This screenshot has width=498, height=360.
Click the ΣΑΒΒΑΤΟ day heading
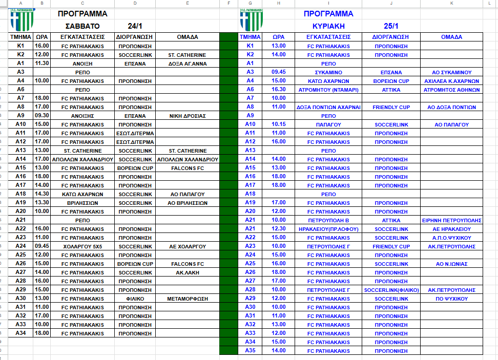point(82,26)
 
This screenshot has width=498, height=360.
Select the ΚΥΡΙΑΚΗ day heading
point(328,26)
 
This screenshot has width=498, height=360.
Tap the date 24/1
point(135,26)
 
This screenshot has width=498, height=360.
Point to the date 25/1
point(391,26)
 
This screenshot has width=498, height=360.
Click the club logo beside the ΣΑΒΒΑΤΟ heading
point(22,19)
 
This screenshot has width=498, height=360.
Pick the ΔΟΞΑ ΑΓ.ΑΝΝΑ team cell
point(187,63)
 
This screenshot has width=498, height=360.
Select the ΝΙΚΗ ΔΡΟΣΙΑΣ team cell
point(187,116)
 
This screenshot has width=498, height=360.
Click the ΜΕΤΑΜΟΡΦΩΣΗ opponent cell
point(187,299)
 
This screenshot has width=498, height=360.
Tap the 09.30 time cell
point(42,116)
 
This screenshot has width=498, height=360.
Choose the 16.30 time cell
point(278,90)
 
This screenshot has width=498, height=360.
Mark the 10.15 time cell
point(278,124)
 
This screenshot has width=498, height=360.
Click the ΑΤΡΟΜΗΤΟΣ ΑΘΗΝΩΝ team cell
point(451,90)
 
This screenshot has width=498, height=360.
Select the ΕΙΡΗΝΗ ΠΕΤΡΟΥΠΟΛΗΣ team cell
point(451,220)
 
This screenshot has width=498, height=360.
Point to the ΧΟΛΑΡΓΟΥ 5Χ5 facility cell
point(82,246)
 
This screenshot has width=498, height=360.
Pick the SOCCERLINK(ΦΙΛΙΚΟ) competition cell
point(391,290)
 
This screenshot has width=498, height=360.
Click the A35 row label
point(250,351)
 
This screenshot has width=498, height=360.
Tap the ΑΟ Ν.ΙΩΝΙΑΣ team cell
point(451,264)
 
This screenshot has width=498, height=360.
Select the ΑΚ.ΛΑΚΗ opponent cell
point(187,272)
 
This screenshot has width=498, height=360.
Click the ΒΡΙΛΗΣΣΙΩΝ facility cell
point(82,203)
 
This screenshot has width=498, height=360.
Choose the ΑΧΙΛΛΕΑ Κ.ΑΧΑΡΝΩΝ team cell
point(451,81)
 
